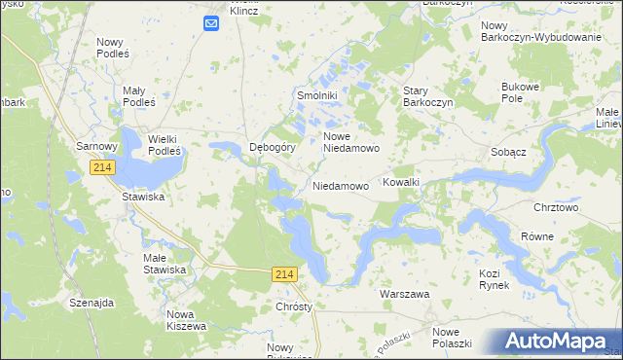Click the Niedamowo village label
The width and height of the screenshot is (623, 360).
341,185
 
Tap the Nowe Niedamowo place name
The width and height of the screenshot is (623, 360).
350,142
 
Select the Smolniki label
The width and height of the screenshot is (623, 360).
316,96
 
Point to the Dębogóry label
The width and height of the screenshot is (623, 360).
273,148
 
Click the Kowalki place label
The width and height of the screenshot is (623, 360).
401,182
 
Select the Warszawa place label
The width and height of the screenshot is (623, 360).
404,293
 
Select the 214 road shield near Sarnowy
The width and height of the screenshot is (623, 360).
104,168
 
